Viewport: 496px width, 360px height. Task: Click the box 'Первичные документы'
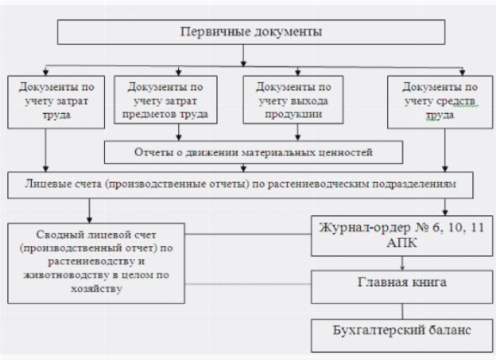(x=251, y=32)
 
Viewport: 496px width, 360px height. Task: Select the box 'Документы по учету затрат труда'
(x=56, y=102)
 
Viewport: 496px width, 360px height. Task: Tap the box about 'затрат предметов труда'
(x=165, y=100)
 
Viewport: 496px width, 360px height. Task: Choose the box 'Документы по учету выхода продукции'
(x=293, y=100)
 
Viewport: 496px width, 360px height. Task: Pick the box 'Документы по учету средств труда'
(x=440, y=102)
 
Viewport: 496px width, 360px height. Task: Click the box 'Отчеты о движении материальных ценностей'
(x=254, y=152)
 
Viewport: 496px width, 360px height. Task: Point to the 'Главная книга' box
(x=402, y=287)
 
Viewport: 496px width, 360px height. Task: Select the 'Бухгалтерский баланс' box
(x=402, y=336)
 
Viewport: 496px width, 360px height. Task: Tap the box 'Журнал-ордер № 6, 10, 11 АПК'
(x=402, y=236)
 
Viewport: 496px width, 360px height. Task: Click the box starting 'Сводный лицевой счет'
(x=96, y=263)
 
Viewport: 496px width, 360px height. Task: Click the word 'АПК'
(x=402, y=243)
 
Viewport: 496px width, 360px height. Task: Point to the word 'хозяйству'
(x=97, y=288)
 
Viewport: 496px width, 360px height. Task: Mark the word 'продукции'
(x=293, y=114)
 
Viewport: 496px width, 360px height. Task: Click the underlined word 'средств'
(x=459, y=101)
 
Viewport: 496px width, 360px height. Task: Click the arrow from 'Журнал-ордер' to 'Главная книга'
(x=402, y=263)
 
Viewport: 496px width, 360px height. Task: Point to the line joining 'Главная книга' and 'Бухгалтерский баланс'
(x=402, y=311)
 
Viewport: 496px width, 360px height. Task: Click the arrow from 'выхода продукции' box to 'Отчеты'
(x=298, y=132)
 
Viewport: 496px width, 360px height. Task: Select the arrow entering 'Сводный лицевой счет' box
(x=89, y=210)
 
